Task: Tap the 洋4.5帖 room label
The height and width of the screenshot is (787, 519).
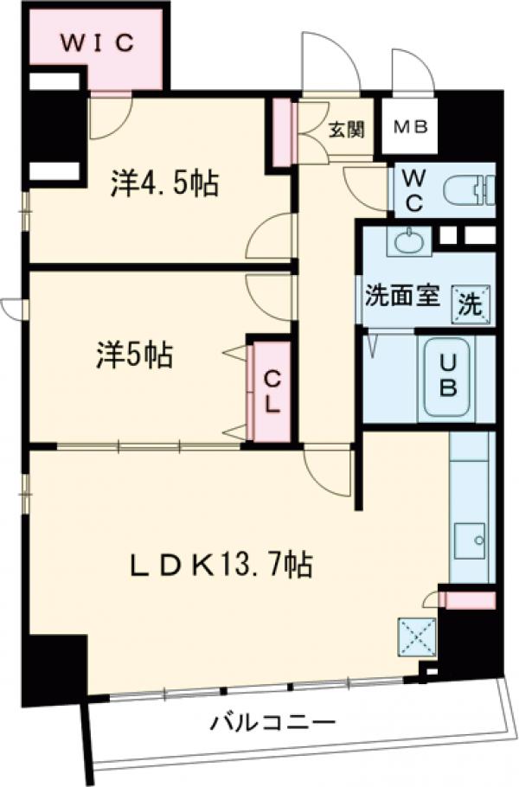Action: (164, 183)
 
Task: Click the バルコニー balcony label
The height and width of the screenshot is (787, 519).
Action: (272, 721)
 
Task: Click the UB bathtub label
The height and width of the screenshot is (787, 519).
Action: (448, 377)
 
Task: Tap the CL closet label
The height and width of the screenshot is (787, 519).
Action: (271, 392)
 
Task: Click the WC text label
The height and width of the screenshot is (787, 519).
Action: (413, 191)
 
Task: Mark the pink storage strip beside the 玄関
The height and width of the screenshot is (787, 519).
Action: (281, 132)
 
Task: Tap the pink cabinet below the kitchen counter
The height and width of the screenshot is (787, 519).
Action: (468, 598)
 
